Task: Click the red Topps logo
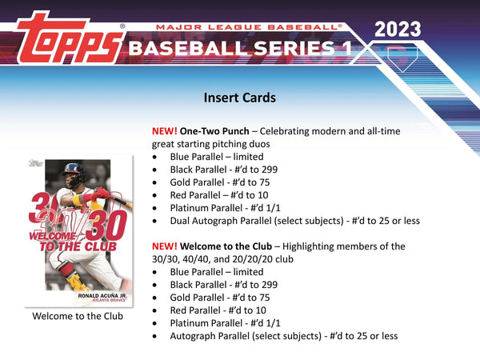(70, 38)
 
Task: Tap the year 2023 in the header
(398, 30)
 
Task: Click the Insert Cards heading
(240, 98)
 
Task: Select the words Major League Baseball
(249, 27)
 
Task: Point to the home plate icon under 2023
(402, 58)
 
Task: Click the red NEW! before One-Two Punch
(164, 131)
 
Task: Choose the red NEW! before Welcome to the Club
(164, 246)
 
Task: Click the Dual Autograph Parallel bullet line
(294, 221)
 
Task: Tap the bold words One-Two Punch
(214, 131)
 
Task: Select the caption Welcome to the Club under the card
(78, 316)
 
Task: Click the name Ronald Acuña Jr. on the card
(102, 296)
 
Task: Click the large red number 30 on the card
(106, 226)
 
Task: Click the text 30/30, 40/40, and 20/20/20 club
(222, 259)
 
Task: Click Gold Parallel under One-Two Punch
(197, 182)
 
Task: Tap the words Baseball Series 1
(240, 48)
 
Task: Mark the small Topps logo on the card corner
(35, 163)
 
